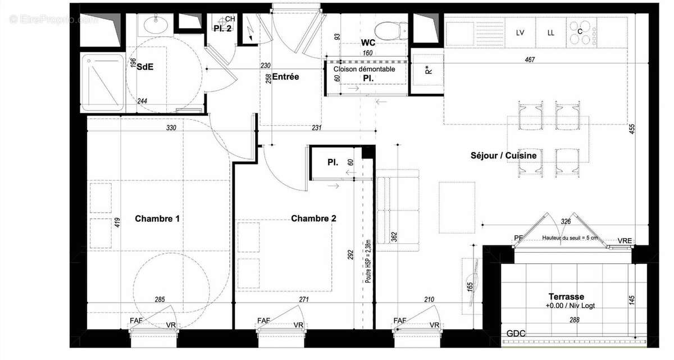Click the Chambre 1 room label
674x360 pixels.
157,219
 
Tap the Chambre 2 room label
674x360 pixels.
313,219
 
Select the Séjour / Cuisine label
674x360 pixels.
504,156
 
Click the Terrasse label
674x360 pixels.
566,297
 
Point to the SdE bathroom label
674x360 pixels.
145,66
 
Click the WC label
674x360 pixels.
368,43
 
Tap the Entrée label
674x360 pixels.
285,77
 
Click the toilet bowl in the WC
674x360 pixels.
391,28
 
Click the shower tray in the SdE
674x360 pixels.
103,82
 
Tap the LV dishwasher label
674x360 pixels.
520,33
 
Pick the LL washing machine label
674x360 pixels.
551,33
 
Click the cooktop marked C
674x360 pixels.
581,31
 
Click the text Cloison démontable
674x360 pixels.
364,69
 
